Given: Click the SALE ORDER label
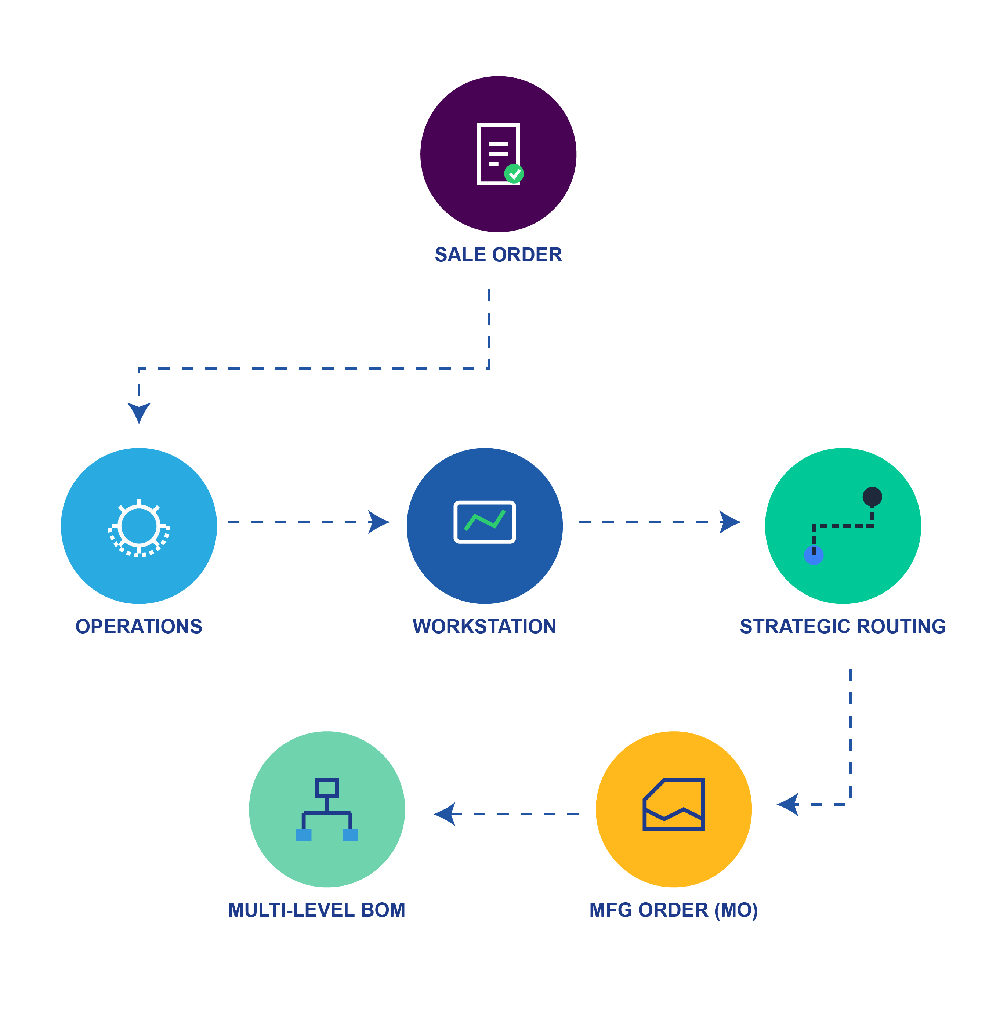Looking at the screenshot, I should (x=498, y=254).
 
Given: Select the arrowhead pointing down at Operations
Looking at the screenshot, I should (x=139, y=412).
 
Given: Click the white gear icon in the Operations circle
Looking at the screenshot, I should (x=139, y=527).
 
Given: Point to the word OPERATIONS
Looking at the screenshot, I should (x=139, y=627).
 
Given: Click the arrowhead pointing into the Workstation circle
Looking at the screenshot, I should (x=378, y=522).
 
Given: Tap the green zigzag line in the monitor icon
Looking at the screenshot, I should (x=485, y=521).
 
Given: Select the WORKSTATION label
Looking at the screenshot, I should (x=484, y=627).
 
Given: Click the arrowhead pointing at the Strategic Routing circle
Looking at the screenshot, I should (x=729, y=522).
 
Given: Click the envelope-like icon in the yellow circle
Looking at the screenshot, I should (x=674, y=804).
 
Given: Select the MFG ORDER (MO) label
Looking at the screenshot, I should (x=673, y=910).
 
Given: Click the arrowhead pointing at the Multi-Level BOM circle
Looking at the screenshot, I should (x=445, y=814).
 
